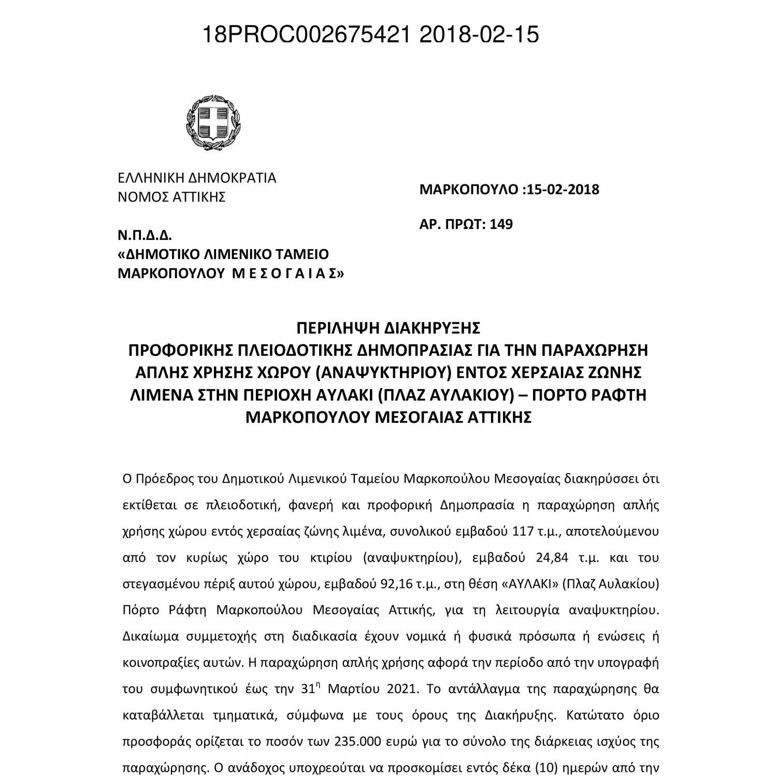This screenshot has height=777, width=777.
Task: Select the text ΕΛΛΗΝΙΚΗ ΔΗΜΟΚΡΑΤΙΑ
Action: click(197, 178)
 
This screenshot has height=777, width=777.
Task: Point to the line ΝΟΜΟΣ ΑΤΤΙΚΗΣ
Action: click(171, 197)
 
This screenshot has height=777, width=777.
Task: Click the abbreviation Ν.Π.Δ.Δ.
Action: click(145, 236)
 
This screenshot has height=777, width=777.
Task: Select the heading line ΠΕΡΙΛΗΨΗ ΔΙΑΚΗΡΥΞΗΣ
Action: click(388, 328)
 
